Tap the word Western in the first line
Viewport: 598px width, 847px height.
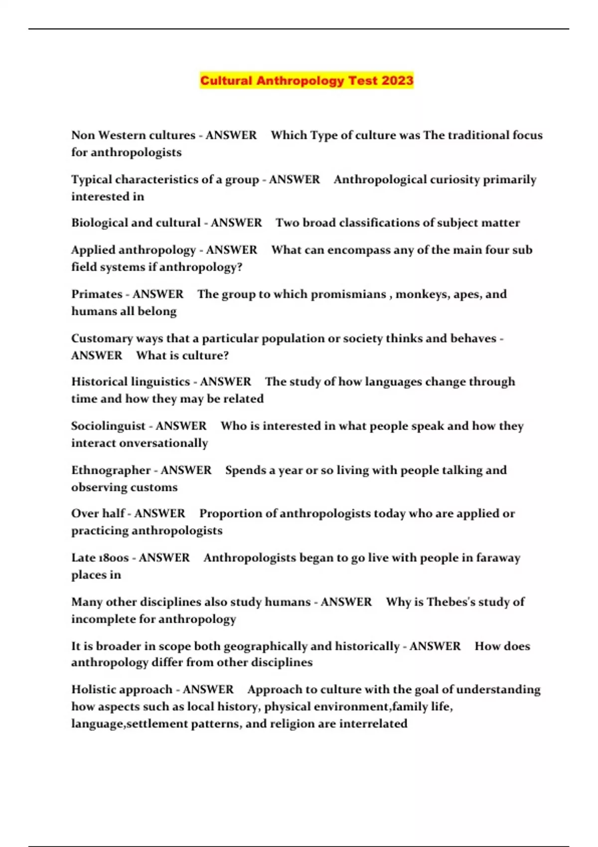point(123,135)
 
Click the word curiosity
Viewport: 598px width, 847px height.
point(445,179)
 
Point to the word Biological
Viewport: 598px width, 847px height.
point(99,223)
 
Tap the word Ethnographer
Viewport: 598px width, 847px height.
point(110,470)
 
